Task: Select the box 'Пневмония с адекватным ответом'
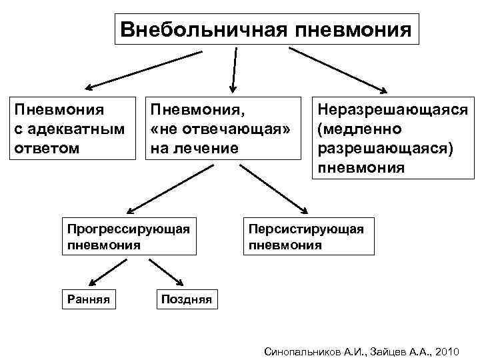pos(71,128)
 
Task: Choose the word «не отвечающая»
pos(221,128)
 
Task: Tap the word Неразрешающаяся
pos(393,109)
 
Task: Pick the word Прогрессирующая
pos(129,229)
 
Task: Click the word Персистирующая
pos(306,229)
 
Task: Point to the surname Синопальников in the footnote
pos(303,351)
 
